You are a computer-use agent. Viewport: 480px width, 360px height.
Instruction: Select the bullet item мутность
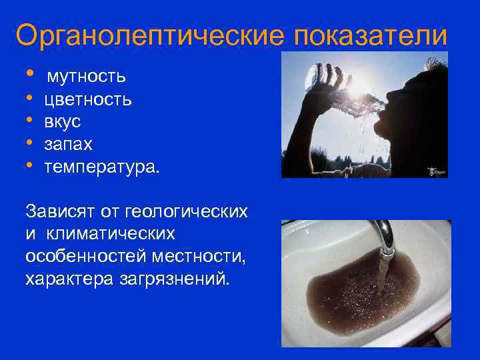86,76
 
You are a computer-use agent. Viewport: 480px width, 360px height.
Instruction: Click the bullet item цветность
87,100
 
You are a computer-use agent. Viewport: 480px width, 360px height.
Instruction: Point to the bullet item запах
68,145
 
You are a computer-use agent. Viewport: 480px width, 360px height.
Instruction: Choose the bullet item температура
101,167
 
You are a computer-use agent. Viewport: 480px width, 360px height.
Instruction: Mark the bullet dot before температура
29,166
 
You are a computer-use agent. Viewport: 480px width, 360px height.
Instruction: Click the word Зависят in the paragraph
59,212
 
